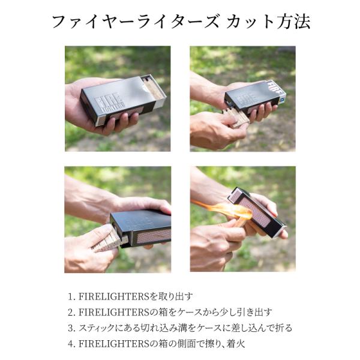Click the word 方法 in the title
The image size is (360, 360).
293,22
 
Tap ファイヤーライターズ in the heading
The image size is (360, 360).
136,22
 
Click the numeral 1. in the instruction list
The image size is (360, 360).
71,296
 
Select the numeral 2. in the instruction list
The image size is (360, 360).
71,313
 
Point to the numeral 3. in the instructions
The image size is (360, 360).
71,328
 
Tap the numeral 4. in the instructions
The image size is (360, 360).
71,344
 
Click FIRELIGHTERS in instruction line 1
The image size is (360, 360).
114,296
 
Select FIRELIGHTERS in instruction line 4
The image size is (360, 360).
114,344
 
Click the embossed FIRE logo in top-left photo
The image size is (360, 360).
110,100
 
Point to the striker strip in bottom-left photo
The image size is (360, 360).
154,236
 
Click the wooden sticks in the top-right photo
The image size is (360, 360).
236,118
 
